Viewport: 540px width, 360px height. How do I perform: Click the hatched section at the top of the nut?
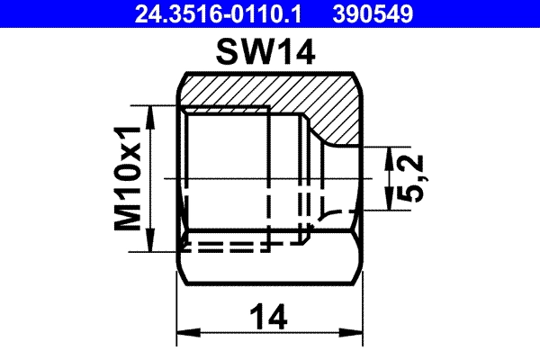(x=270, y=91)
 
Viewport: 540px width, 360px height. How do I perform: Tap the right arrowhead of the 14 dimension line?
(x=355, y=337)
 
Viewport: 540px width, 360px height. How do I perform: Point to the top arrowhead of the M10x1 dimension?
(x=149, y=112)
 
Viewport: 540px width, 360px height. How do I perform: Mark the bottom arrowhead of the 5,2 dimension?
(x=385, y=202)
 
